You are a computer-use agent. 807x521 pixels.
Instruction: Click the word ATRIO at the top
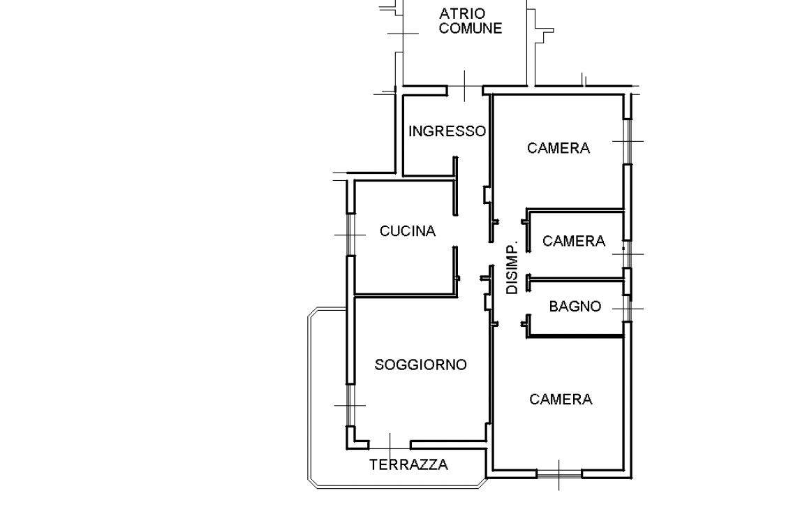[462, 13]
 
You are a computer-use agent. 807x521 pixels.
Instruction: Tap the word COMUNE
[471, 28]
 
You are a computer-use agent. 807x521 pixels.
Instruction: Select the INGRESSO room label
[447, 131]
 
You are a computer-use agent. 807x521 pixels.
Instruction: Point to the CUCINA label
[408, 231]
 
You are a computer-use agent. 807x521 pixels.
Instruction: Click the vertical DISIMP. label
[512, 267]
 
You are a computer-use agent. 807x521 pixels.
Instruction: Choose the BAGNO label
[575, 307]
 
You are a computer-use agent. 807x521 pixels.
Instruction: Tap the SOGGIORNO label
[420, 365]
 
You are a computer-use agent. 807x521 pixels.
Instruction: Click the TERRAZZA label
[408, 465]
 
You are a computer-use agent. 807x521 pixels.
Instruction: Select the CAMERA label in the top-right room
[558, 148]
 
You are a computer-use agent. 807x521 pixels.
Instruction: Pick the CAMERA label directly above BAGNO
[574, 241]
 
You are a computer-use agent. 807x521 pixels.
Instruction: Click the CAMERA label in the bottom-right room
[561, 399]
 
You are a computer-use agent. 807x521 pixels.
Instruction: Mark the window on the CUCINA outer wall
[350, 235]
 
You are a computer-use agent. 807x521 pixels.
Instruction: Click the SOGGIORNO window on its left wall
[350, 405]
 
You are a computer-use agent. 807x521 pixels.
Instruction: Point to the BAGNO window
[628, 309]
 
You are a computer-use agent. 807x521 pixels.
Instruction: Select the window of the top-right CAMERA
[628, 141]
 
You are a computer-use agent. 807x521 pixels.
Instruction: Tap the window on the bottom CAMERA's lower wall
[559, 474]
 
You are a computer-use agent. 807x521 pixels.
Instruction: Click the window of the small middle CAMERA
[628, 254]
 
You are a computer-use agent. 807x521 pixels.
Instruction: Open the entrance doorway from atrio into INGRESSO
[465, 91]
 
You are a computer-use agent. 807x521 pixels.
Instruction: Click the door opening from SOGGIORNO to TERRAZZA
[390, 445]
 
